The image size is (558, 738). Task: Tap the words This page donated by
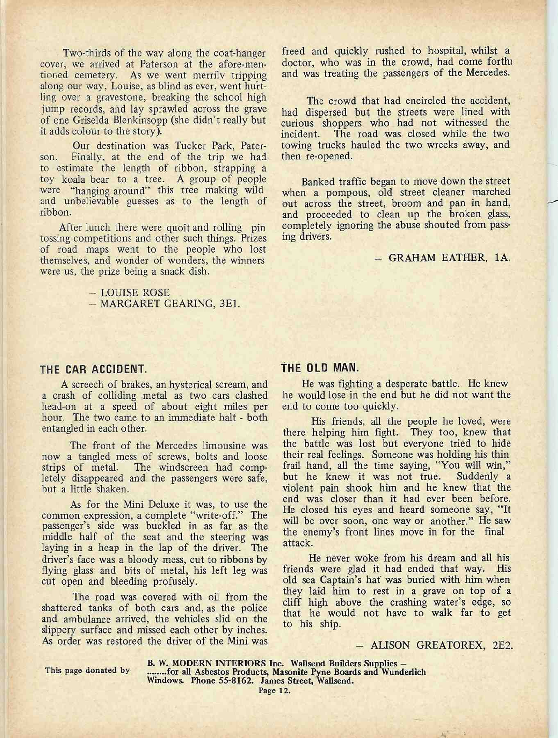tap(88, 671)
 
